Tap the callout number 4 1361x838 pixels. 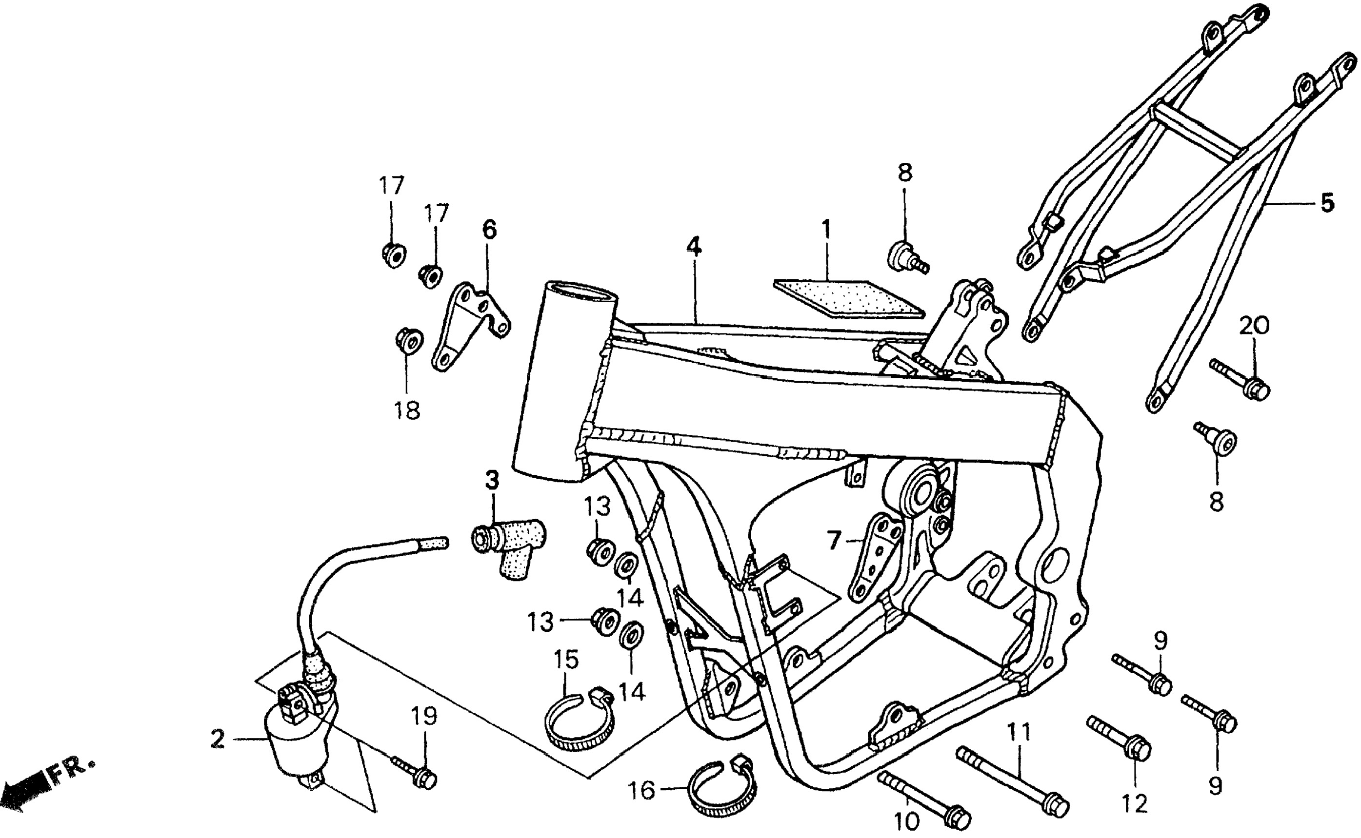click(x=693, y=246)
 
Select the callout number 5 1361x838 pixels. click(x=1327, y=203)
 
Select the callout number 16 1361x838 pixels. click(x=641, y=790)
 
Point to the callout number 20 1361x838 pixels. click(x=1254, y=325)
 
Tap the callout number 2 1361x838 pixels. click(x=218, y=740)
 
